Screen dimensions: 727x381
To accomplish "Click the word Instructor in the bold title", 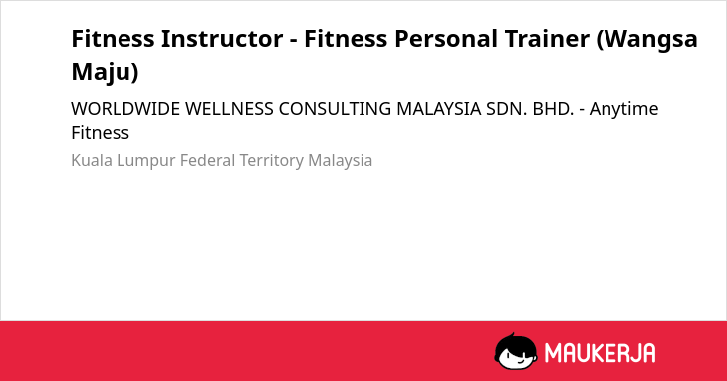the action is [x=222, y=39].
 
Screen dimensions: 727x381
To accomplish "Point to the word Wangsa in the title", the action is [x=647, y=40].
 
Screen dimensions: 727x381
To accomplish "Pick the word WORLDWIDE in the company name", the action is [x=125, y=109].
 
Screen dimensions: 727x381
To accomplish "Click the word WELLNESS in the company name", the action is [x=229, y=109].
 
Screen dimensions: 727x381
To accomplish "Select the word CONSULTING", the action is [x=335, y=109].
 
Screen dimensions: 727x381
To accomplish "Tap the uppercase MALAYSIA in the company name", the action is [x=438, y=109].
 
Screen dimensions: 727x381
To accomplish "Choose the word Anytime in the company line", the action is [x=623, y=110].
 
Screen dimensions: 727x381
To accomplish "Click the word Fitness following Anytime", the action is [x=101, y=133].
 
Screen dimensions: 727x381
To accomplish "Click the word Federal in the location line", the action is [x=207, y=160].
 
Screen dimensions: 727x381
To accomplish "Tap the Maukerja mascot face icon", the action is [x=516, y=352].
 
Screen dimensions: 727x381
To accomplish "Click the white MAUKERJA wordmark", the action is [x=600, y=353].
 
